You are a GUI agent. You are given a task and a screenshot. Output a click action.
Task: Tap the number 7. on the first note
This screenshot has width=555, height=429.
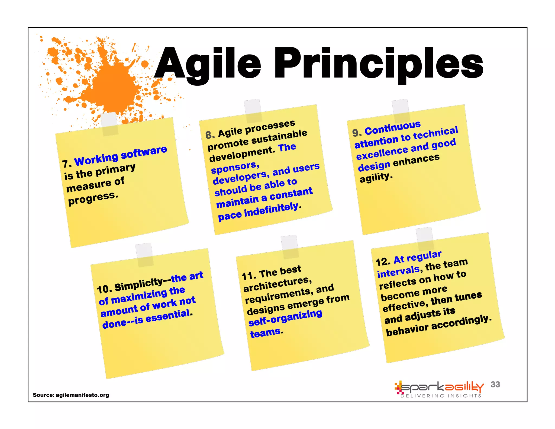[67, 164]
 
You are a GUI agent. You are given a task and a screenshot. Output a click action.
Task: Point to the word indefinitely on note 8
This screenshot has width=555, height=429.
[271, 209]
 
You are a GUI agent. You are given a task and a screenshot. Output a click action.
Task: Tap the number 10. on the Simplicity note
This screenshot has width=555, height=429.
[104, 289]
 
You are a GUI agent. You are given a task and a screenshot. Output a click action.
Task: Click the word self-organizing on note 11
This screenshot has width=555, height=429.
[285, 318]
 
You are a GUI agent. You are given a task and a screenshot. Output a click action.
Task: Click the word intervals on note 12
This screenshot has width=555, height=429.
[398, 271]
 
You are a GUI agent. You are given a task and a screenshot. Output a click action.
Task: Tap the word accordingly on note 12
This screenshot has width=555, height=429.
[461, 322]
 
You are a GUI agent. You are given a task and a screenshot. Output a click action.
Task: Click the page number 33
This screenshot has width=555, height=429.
[495, 384]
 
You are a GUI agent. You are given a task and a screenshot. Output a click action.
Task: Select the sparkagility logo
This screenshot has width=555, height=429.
[439, 387]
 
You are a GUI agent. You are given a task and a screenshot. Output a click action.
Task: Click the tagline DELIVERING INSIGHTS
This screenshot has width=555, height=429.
[441, 396]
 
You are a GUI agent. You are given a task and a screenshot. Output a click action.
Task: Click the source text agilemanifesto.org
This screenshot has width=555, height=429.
[82, 395]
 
